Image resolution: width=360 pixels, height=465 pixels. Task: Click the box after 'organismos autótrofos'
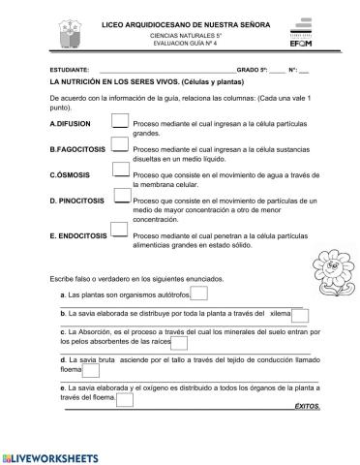tap(198, 294)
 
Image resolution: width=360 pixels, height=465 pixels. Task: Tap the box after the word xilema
tap(300, 315)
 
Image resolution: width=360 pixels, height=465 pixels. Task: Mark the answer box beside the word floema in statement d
tap(95, 370)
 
